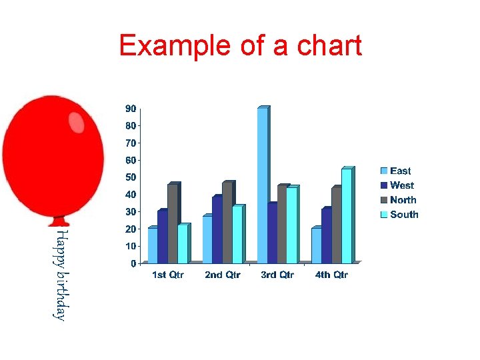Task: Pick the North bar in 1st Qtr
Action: tap(172, 223)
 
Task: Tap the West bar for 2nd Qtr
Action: tap(217, 229)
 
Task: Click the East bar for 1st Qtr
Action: tap(153, 245)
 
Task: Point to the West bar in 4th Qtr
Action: tap(326, 236)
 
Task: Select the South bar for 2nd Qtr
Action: tap(237, 234)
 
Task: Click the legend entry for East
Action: tap(400, 171)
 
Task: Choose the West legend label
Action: tap(402, 186)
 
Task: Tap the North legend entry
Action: tap(403, 200)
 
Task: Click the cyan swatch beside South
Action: tap(384, 215)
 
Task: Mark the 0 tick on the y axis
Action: tap(133, 263)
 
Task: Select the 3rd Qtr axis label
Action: tap(277, 275)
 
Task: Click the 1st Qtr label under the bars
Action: tap(168, 275)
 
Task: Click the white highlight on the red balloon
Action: tap(77, 122)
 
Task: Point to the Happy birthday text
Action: tap(60, 275)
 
